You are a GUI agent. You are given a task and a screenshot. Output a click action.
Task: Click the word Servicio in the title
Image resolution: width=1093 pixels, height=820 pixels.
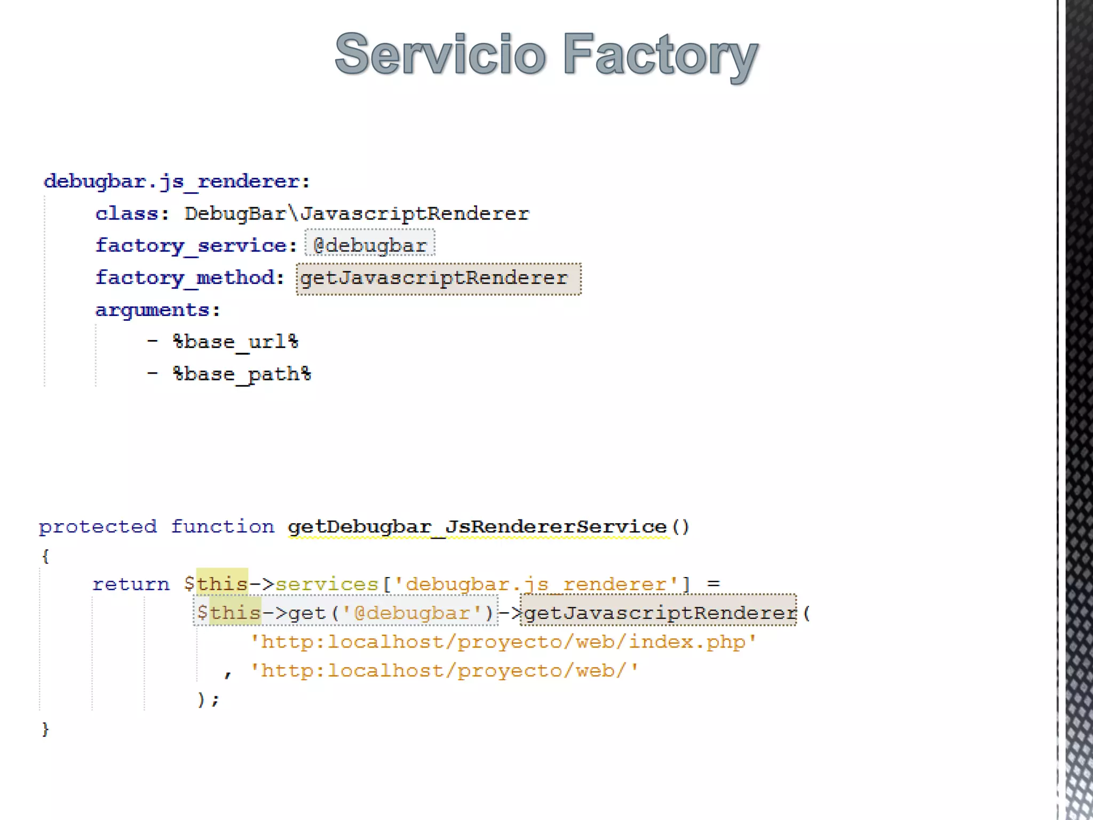coord(440,54)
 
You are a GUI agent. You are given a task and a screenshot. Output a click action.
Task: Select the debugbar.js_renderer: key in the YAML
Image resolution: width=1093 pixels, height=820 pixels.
coord(177,182)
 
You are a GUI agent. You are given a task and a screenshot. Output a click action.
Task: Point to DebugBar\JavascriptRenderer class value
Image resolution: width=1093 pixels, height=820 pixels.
coord(357,214)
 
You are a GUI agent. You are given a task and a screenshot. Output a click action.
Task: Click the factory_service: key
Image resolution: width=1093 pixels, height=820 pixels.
coord(196,246)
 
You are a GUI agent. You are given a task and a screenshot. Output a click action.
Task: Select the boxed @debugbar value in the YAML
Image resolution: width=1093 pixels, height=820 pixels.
coord(370,246)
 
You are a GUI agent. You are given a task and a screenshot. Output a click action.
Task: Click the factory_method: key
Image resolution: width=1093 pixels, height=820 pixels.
coord(189,278)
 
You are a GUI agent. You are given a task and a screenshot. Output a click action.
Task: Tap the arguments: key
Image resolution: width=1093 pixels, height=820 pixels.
coord(157,310)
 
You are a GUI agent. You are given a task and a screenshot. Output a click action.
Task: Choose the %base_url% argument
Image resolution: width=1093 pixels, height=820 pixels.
coord(235,342)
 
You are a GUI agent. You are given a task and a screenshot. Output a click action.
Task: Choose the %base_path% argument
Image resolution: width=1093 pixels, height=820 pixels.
coord(242,374)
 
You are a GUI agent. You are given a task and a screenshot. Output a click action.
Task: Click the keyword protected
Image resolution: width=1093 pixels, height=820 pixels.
coord(98,527)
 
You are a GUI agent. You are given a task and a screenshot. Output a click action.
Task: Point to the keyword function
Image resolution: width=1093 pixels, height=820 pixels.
coord(223,527)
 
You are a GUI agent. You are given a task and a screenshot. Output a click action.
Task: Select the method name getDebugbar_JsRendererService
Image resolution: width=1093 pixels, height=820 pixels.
coord(477,527)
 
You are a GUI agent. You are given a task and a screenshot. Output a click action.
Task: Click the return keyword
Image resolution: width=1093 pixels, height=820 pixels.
coord(131,584)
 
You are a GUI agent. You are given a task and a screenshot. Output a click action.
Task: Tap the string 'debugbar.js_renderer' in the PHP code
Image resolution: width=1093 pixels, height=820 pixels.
coord(536,585)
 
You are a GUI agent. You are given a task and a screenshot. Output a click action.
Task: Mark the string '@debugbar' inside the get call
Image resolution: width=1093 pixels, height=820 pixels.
coord(413,613)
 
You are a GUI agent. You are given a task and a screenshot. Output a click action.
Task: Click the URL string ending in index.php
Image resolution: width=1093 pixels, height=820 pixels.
coord(503,642)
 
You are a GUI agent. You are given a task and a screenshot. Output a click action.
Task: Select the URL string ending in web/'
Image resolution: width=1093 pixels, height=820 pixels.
coord(444,671)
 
